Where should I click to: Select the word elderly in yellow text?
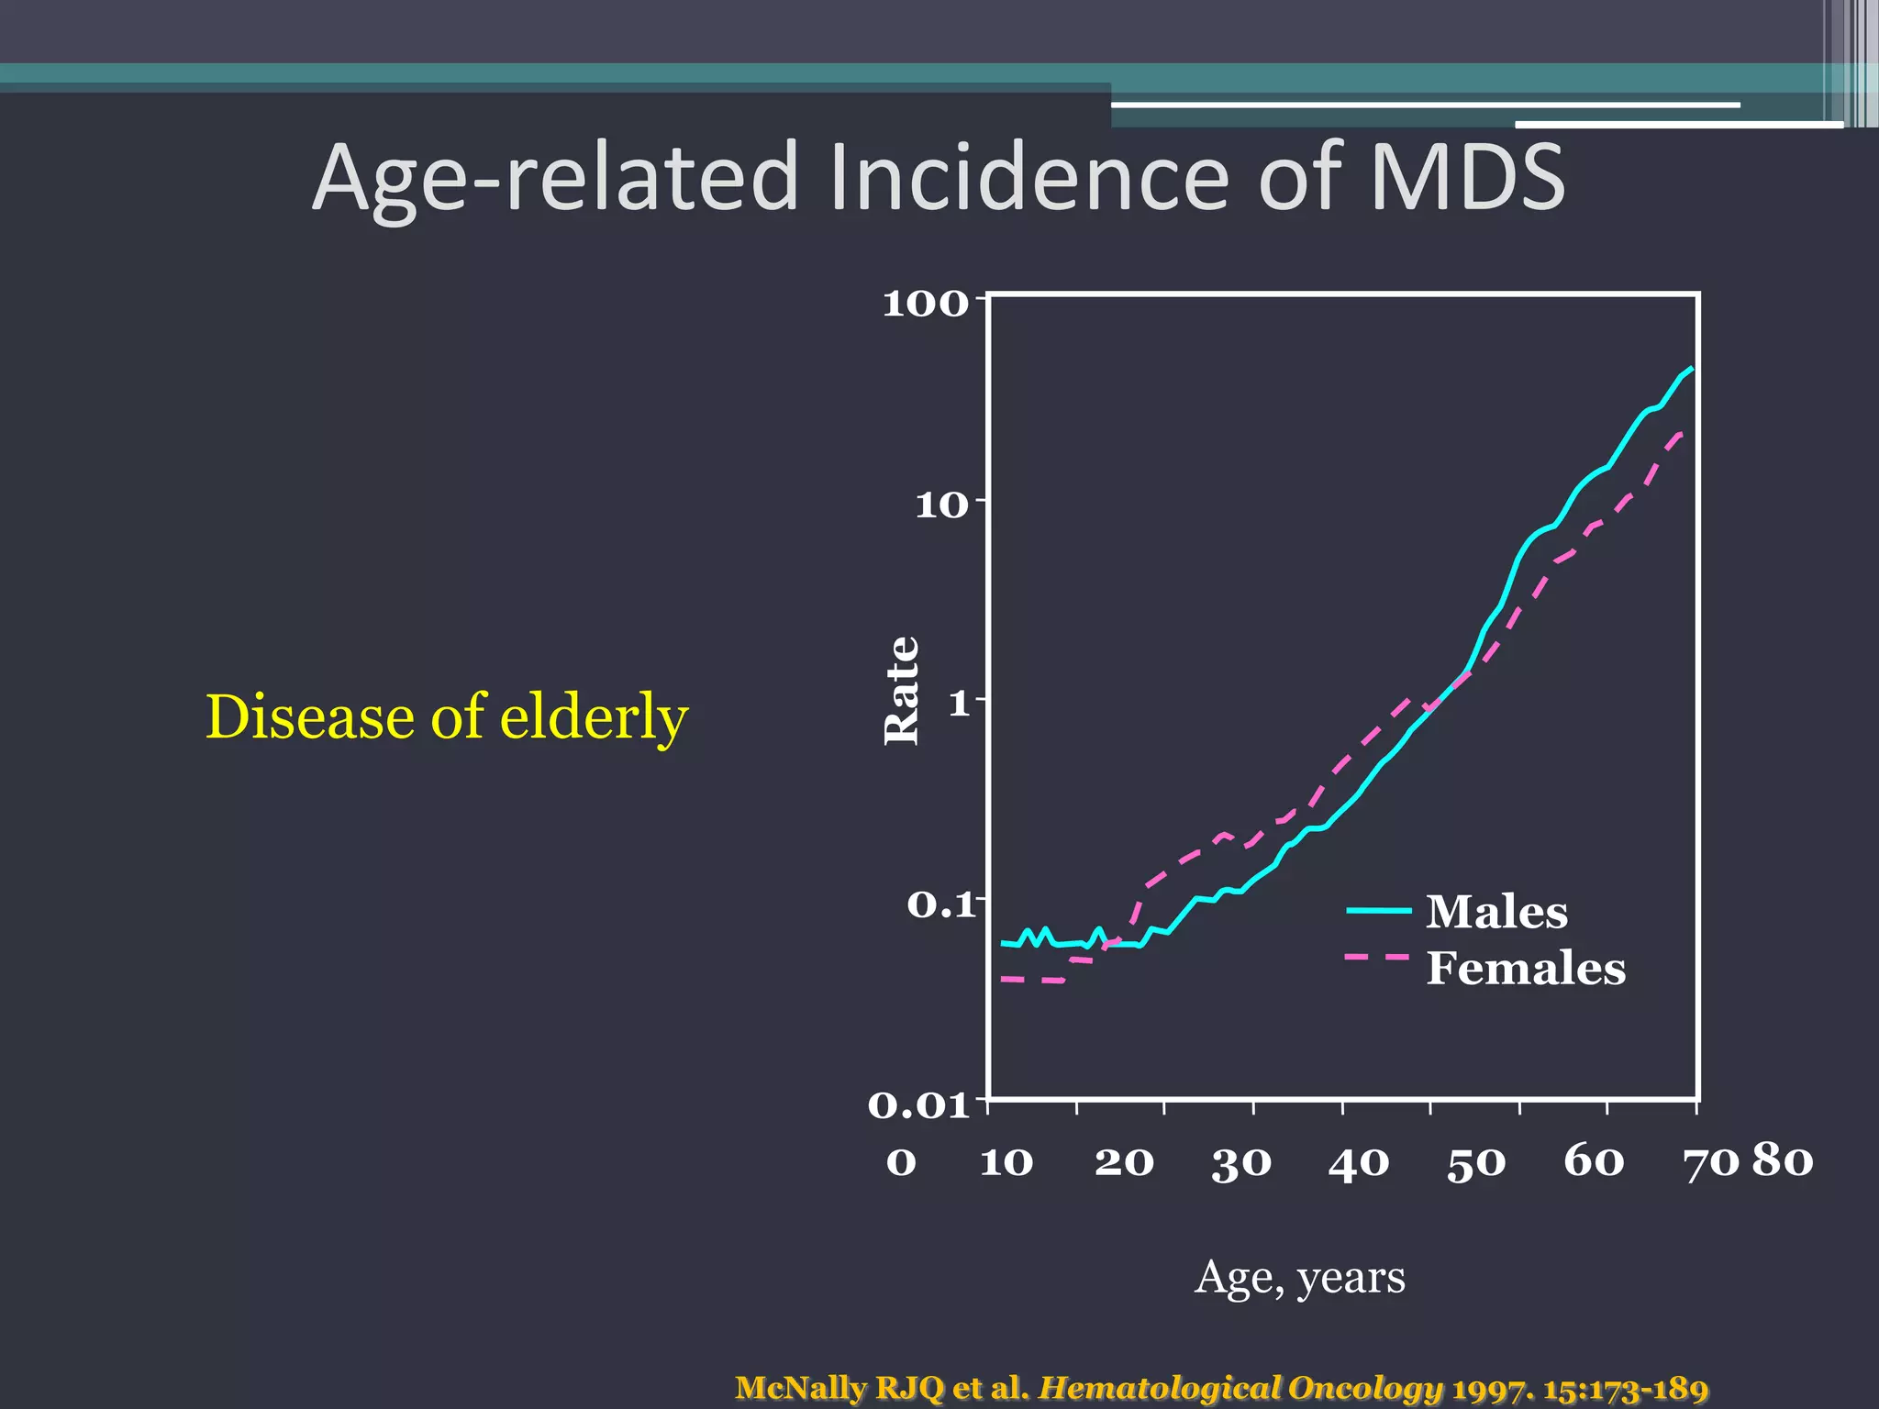[x=594, y=716]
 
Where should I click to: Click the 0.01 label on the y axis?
[x=917, y=1105]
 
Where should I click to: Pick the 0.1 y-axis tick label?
[x=939, y=905]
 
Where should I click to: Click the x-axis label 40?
[x=1358, y=1163]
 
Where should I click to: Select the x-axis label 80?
[x=1783, y=1160]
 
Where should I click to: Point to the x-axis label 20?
[x=1124, y=1163]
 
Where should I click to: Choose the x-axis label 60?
[x=1594, y=1161]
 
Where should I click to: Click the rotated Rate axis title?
[x=901, y=691]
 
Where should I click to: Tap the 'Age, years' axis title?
[x=1299, y=1277]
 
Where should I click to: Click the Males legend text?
[x=1496, y=912]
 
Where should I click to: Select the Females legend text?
[x=1525, y=969]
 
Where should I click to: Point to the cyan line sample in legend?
[x=1378, y=910]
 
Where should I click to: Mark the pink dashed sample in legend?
[x=1375, y=957]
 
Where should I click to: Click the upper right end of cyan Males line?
[x=1690, y=369]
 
